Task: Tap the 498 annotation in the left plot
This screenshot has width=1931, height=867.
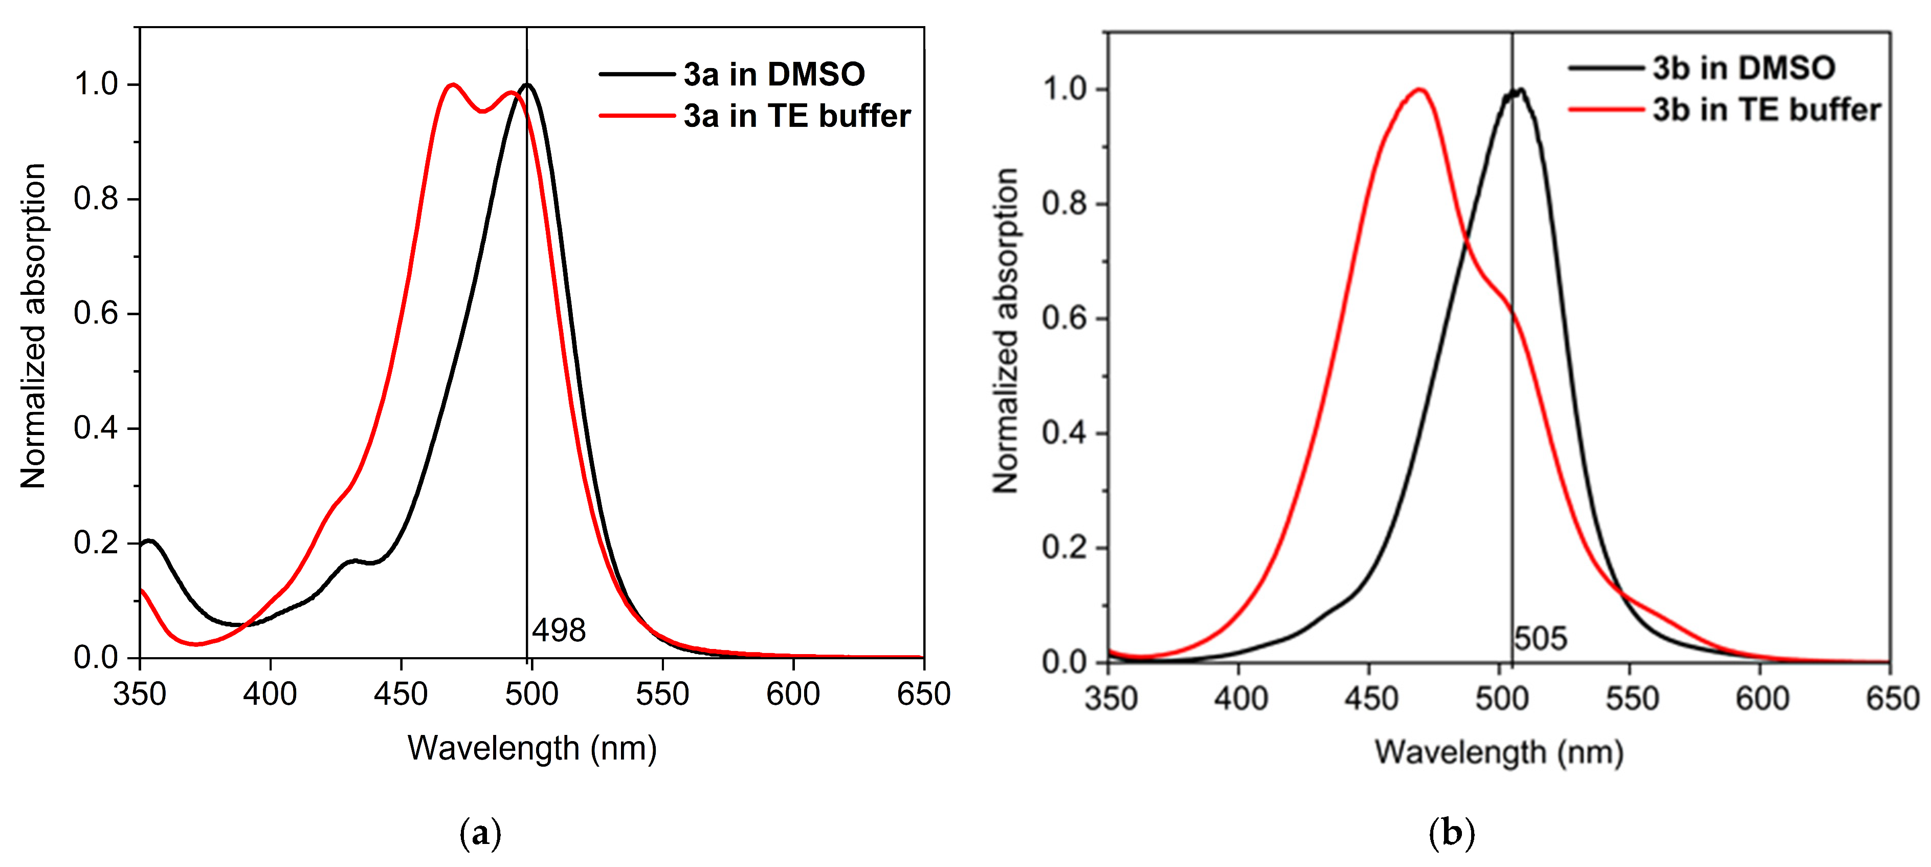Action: tap(559, 630)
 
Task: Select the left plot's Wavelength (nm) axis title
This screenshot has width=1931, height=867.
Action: tap(532, 748)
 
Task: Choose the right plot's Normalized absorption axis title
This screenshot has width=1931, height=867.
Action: tap(1006, 330)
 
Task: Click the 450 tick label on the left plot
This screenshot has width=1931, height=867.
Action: tap(401, 695)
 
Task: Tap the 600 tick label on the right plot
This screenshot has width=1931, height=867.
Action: tap(1762, 699)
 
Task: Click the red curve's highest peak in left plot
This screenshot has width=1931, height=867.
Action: tap(452, 85)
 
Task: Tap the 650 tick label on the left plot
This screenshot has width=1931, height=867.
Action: tap(923, 695)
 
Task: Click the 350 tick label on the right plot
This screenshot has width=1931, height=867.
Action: tap(1111, 699)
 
